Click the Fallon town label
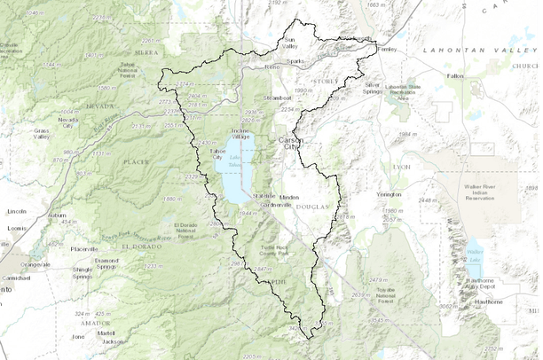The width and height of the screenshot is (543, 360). [455, 76]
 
